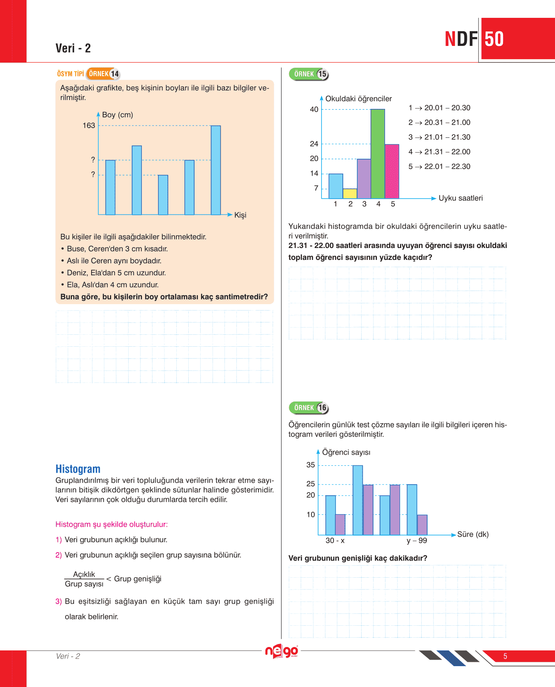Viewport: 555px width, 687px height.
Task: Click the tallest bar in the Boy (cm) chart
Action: tap(216, 170)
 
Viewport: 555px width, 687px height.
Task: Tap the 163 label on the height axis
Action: tap(89, 125)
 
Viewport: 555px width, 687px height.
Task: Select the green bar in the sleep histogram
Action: tap(377, 154)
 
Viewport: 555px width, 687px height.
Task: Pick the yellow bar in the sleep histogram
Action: tap(350, 194)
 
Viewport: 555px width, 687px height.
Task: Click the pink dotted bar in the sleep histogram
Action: tap(392, 171)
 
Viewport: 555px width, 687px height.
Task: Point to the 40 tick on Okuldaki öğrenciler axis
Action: tap(314, 109)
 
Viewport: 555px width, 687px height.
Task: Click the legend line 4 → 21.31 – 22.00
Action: tap(439, 152)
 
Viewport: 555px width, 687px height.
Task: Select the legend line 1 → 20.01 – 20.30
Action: tap(439, 108)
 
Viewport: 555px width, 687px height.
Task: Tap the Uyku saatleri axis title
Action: tap(460, 198)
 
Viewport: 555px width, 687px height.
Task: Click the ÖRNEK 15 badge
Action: tap(309, 74)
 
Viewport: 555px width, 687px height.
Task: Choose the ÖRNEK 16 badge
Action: tap(309, 408)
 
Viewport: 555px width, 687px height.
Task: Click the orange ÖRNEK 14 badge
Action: tap(103, 74)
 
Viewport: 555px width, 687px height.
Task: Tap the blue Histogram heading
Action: tap(78, 469)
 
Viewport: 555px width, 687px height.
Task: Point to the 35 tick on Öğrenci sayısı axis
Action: tap(311, 465)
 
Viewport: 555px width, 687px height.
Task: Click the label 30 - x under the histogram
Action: tap(335, 541)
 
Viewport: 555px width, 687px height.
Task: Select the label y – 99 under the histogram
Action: tap(417, 541)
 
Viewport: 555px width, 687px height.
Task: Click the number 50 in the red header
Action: tap(494, 39)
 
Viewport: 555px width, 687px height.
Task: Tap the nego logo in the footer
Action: tap(282, 651)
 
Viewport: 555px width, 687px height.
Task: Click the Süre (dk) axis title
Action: tap(473, 534)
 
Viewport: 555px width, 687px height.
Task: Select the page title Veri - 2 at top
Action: tap(73, 48)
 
